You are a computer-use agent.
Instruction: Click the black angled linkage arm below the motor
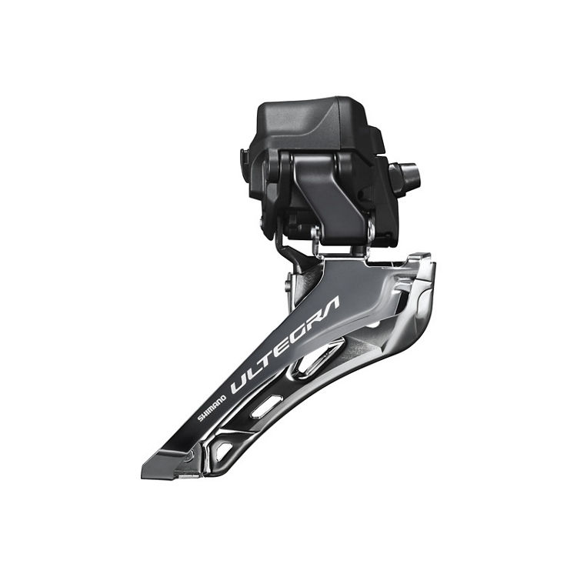click(x=327, y=188)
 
